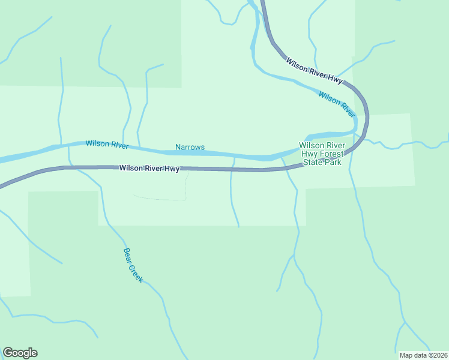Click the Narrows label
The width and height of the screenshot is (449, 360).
(190, 147)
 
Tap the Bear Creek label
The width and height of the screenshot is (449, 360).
(133, 265)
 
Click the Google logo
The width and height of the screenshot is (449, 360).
(20, 353)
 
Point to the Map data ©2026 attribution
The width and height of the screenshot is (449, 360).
(423, 355)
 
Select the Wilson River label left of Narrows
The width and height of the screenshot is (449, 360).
(107, 144)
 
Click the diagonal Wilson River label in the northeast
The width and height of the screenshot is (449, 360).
(337, 104)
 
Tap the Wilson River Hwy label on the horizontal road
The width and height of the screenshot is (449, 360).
(149, 169)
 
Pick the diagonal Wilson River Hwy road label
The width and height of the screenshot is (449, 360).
(314, 70)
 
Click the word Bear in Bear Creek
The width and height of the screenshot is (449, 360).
(127, 254)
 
